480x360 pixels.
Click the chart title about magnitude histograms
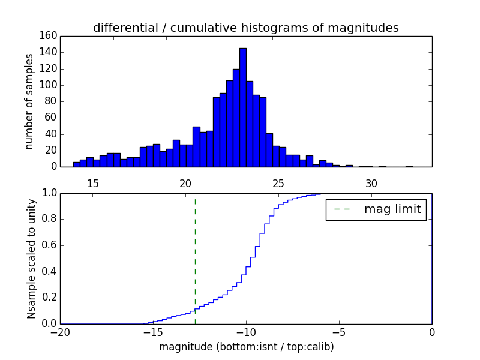tap(245, 28)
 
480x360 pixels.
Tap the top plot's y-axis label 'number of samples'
tap(29, 101)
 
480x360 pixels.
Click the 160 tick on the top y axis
tap(50, 36)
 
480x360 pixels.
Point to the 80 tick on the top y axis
tap(52, 101)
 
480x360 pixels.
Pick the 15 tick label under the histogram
tap(93, 182)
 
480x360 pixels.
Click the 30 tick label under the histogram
tap(371, 182)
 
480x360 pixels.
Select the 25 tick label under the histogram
tap(278, 182)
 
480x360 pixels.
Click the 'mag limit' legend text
tap(392, 209)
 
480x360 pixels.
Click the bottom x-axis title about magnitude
tap(246, 347)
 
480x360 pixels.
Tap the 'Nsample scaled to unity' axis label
tap(31, 259)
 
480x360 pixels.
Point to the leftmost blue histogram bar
tap(76, 164)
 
